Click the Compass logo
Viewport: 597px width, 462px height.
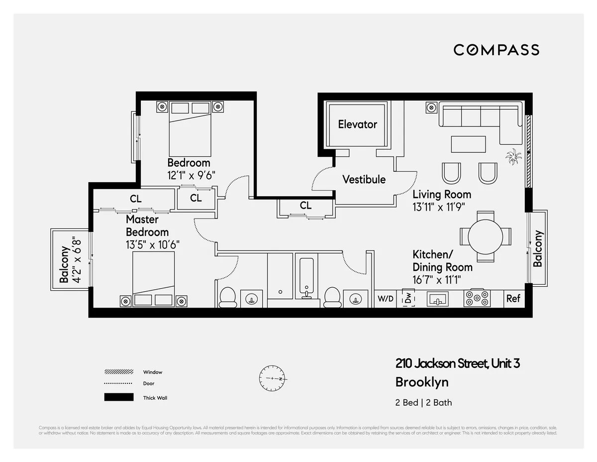pyautogui.click(x=496, y=50)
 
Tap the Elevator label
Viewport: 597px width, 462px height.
pyautogui.click(x=357, y=124)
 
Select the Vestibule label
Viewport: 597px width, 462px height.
pyautogui.click(x=364, y=179)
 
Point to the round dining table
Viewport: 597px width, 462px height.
pyautogui.click(x=486, y=235)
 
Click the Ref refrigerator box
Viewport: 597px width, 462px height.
pyautogui.click(x=513, y=298)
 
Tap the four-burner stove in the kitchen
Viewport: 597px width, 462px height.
pyautogui.click(x=477, y=298)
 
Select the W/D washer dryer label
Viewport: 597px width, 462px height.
pyautogui.click(x=385, y=299)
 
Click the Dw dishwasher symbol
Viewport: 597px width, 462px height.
pyautogui.click(x=408, y=298)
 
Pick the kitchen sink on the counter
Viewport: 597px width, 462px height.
pyautogui.click(x=438, y=299)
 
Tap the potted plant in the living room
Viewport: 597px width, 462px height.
pyautogui.click(x=512, y=158)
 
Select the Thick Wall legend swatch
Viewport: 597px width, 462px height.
pyautogui.click(x=118, y=397)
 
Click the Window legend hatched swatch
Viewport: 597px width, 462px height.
pyautogui.click(x=118, y=372)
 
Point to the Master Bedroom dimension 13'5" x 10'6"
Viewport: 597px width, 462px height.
pyautogui.click(x=152, y=244)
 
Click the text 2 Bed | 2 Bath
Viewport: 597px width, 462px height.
pyautogui.click(x=423, y=402)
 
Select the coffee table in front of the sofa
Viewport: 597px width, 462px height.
pyautogui.click(x=468, y=144)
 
